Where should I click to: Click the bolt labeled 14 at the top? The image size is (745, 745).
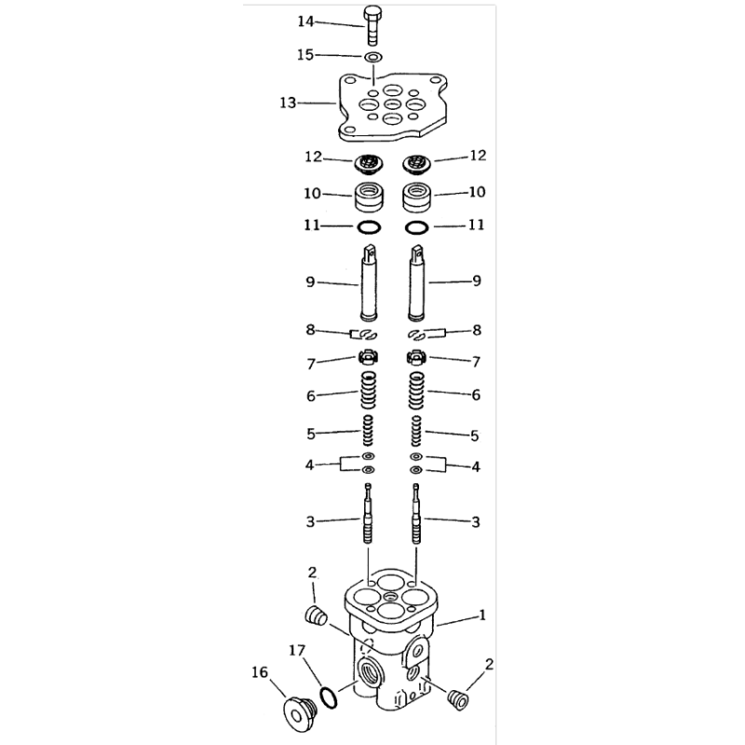click(372, 26)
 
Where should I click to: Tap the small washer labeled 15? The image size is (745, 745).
click(373, 58)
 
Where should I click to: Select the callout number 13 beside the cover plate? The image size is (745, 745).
click(288, 102)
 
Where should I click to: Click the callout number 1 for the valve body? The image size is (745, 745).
click(481, 615)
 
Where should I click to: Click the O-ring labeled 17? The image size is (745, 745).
click(329, 698)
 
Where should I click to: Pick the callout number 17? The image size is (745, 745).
click(297, 650)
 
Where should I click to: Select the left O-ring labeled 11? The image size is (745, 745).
click(369, 227)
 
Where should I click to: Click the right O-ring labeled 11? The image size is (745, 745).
click(416, 227)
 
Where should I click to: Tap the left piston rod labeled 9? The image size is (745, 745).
click(369, 283)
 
